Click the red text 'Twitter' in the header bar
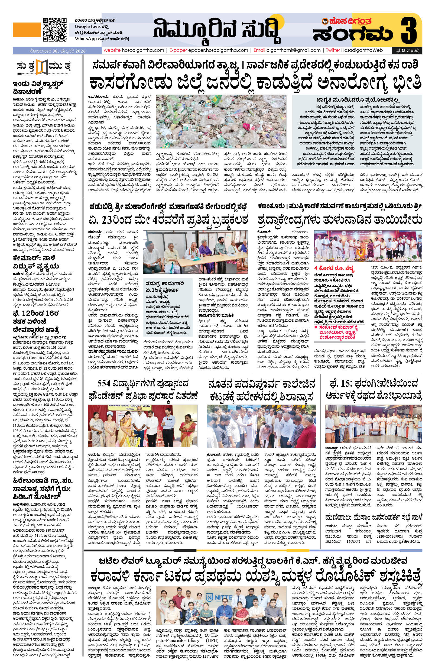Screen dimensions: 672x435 pos(333,50)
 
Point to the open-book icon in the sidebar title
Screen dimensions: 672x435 pos(42,67)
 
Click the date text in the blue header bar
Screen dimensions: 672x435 pos(57,51)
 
